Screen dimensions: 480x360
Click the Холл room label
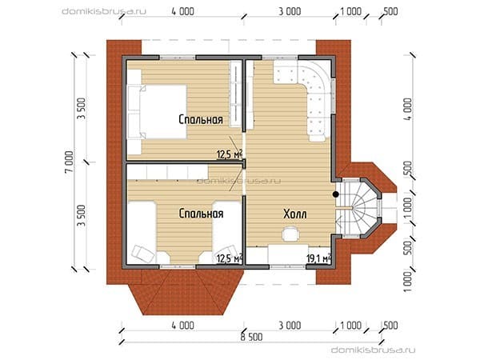point(294,214)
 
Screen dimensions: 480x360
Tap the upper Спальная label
point(201,119)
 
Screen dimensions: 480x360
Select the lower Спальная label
point(201,214)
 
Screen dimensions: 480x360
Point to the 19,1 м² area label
point(318,258)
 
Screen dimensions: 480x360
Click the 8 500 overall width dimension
point(252,337)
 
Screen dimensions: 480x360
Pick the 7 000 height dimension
point(70,162)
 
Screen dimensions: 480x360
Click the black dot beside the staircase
point(336,194)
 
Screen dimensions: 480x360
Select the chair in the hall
point(290,234)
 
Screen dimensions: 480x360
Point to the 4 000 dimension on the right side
point(409,110)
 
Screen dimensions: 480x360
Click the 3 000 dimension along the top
point(290,12)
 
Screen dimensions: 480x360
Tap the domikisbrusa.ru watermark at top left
point(104,12)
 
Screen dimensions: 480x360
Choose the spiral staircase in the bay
point(358,208)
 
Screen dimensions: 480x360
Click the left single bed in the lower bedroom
point(142,232)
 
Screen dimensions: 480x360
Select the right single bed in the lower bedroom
point(227,232)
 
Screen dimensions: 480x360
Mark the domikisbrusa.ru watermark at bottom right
point(373,350)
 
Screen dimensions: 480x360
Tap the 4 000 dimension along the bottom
point(182,326)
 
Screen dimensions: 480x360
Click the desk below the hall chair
point(288,254)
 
